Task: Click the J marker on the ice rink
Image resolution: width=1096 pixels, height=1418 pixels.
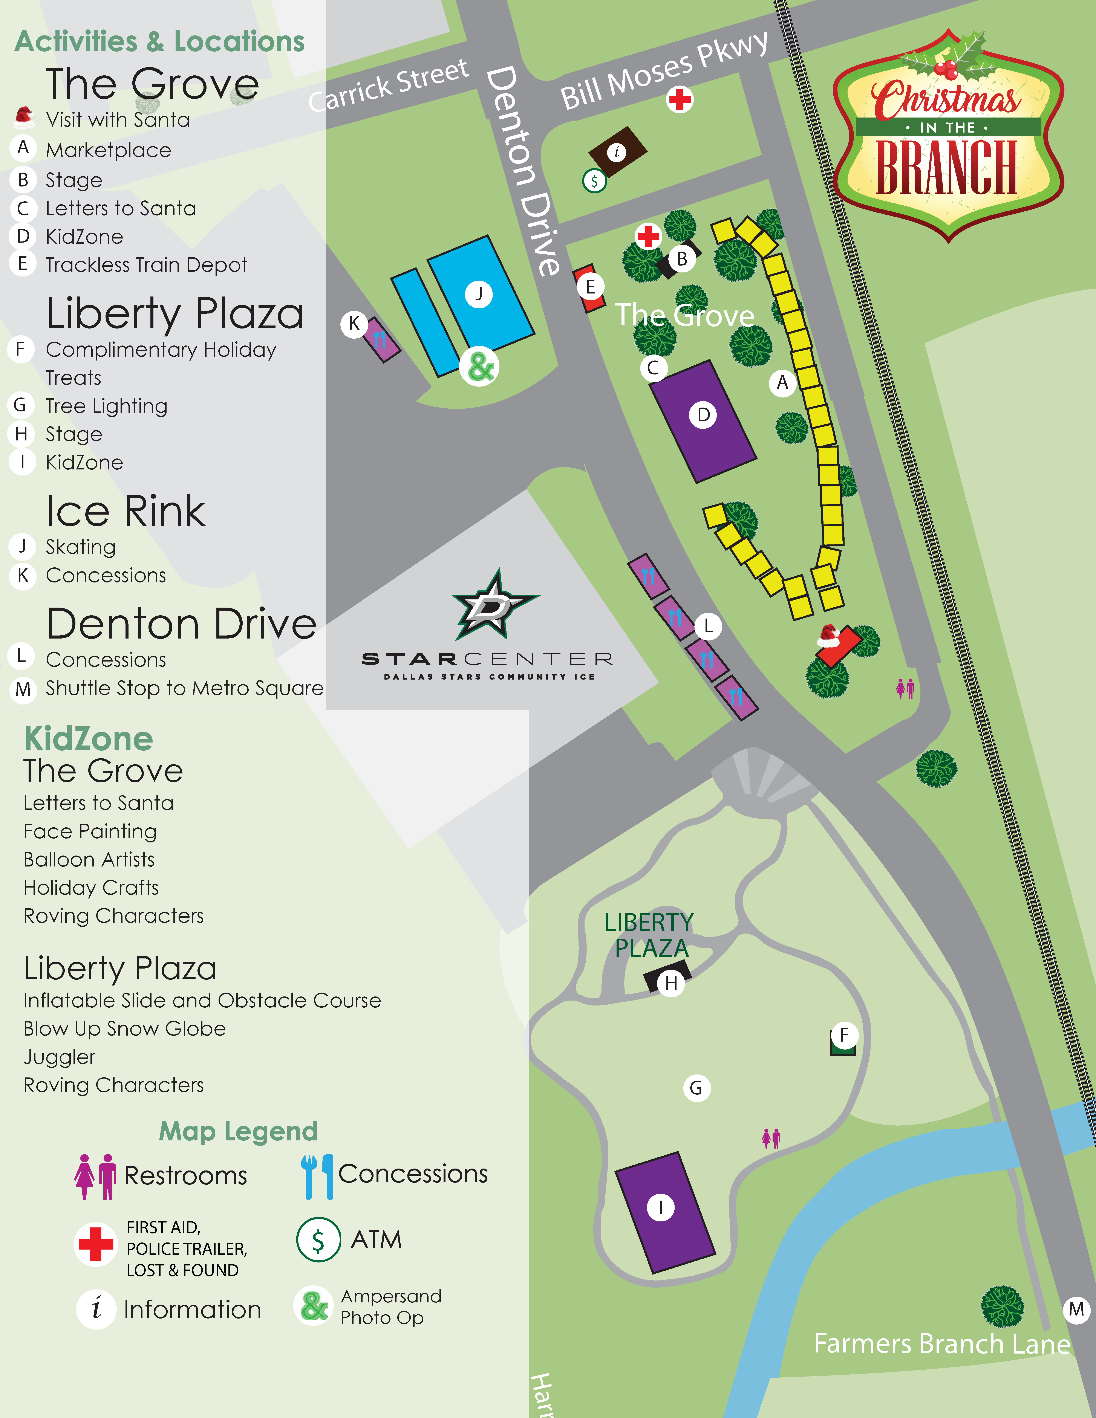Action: tap(479, 294)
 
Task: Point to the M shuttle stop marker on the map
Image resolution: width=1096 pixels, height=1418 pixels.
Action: tap(1076, 1309)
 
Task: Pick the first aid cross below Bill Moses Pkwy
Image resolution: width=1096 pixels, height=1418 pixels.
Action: tap(680, 99)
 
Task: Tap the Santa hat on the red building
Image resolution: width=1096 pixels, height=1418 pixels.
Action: tap(828, 635)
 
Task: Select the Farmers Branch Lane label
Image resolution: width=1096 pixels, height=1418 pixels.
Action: tap(941, 1344)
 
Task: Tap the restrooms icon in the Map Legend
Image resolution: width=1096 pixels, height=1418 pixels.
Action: tap(95, 1176)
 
